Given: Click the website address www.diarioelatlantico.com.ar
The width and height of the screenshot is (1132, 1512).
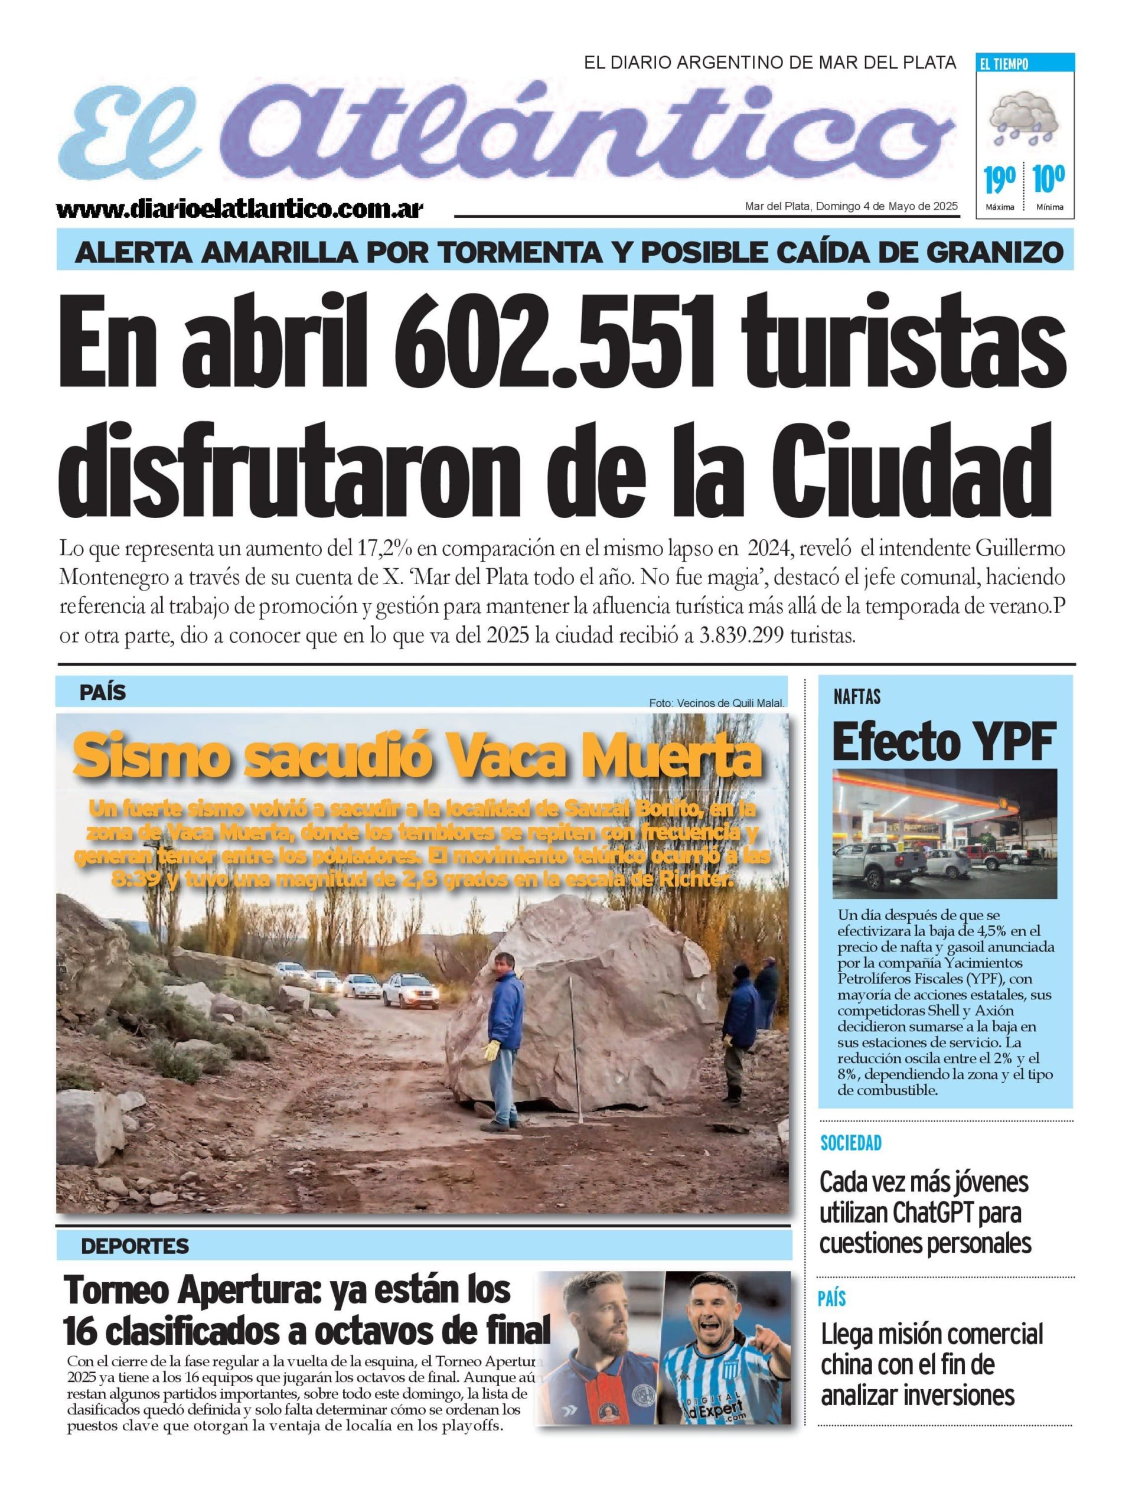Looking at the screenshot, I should tap(240, 209).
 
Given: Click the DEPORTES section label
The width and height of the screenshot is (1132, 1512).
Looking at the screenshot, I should tap(135, 1246).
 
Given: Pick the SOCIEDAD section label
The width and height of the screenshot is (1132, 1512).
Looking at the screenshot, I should tap(850, 1142).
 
